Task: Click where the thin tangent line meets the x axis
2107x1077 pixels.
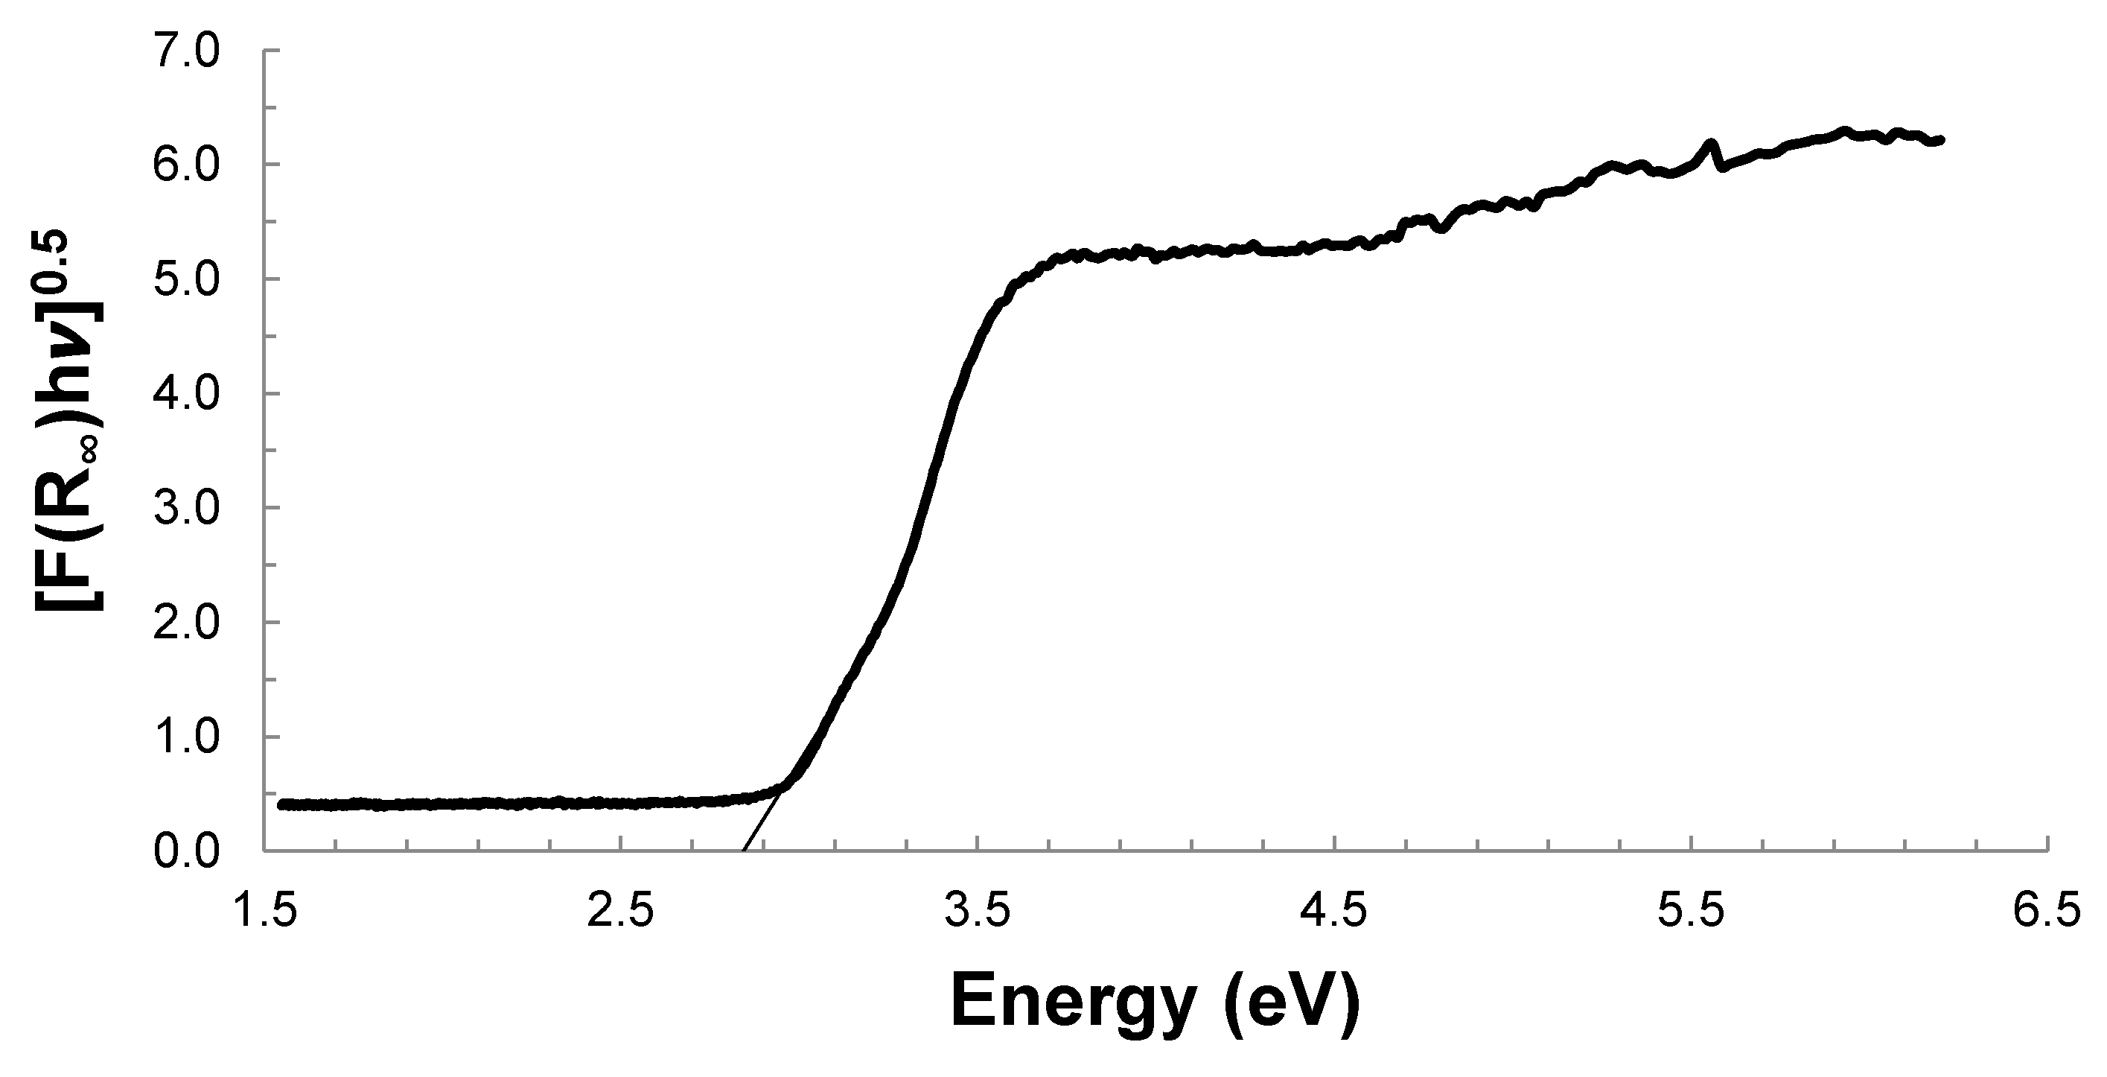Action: pos(742,851)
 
